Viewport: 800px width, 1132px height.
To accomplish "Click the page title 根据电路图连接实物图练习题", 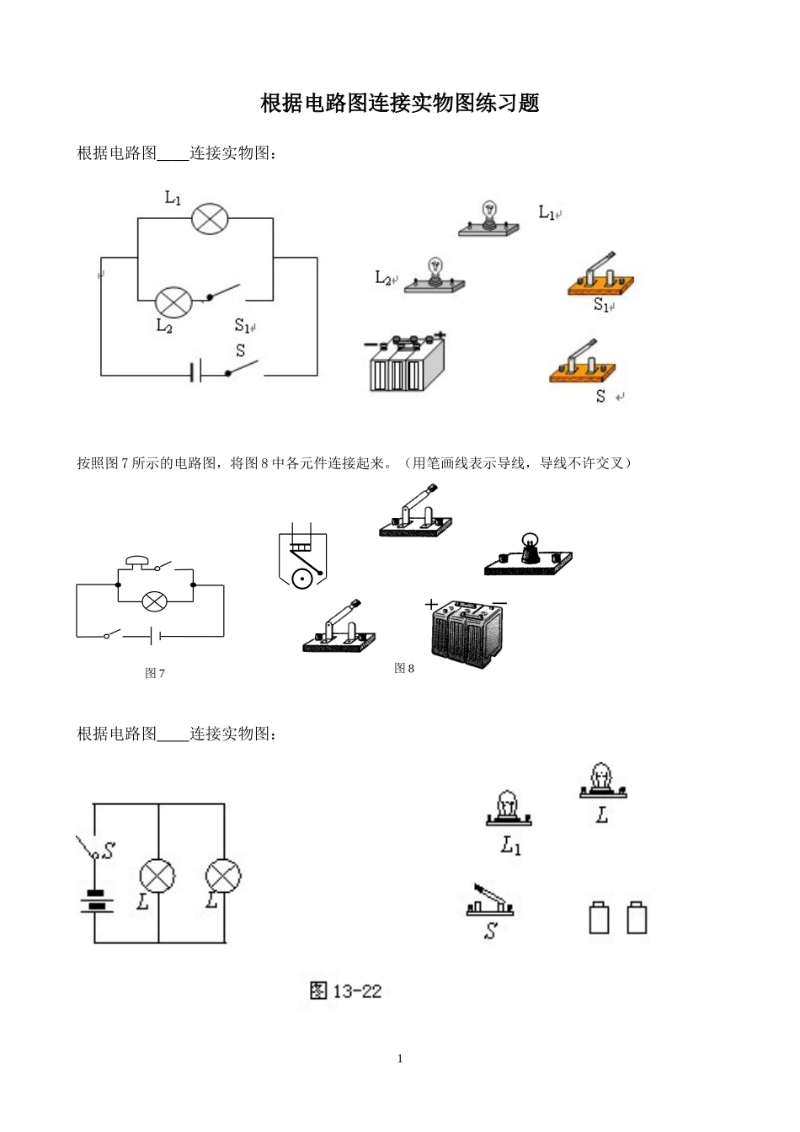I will (400, 104).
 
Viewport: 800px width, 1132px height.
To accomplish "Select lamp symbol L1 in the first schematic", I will (210, 219).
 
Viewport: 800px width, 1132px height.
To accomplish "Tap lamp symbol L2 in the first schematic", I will (174, 300).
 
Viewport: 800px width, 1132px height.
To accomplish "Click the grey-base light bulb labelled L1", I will (488, 221).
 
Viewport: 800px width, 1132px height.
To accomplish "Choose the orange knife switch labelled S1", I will (600, 275).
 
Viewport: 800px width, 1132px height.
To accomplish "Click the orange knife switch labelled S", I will (582, 363).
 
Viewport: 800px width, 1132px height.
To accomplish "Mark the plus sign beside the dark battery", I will (432, 604).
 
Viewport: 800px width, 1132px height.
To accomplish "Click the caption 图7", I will (155, 673).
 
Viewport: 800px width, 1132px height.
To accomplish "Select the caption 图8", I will (404, 668).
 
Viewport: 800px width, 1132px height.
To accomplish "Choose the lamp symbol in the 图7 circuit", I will (154, 601).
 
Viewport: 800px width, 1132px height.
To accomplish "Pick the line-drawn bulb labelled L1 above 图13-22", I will (509, 809).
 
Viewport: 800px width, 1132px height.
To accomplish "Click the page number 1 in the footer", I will (400, 1059).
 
